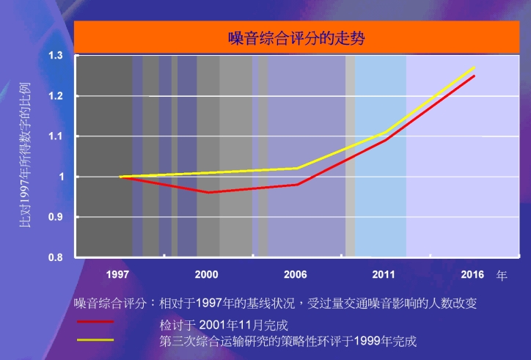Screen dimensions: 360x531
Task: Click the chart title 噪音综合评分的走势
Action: [296, 37]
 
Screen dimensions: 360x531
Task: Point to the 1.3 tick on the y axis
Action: [55, 56]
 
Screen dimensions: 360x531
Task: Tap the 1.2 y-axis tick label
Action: [55, 96]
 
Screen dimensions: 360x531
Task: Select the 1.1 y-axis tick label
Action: [55, 136]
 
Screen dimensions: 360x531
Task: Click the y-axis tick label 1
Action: [62, 177]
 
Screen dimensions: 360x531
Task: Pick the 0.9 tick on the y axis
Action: [55, 217]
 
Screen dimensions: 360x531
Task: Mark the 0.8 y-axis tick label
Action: [55, 257]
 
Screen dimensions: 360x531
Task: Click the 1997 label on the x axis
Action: [117, 275]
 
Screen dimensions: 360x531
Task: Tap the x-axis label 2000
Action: [206, 275]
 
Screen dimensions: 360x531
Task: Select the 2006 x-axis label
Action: [295, 275]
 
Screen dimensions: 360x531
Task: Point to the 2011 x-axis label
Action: [384, 275]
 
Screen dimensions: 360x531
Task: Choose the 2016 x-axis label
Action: [472, 275]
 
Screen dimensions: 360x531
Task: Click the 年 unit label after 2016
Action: [502, 276]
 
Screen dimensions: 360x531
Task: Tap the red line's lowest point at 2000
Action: [208, 192]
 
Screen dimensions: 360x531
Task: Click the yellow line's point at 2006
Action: [297, 168]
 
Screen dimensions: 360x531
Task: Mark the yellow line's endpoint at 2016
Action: [475, 67]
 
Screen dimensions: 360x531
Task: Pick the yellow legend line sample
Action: [95, 340]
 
